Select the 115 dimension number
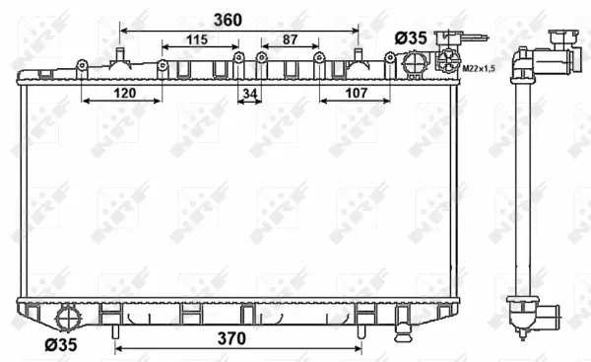pyautogui.click(x=198, y=39)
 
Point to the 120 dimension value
pyautogui.click(x=122, y=93)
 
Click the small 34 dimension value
pyautogui.click(x=250, y=93)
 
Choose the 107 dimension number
pyautogui.click(x=356, y=93)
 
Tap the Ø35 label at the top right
pyautogui.click(x=411, y=36)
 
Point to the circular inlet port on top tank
pyautogui.click(x=412, y=64)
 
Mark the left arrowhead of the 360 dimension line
pyautogui.click(x=122, y=30)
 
